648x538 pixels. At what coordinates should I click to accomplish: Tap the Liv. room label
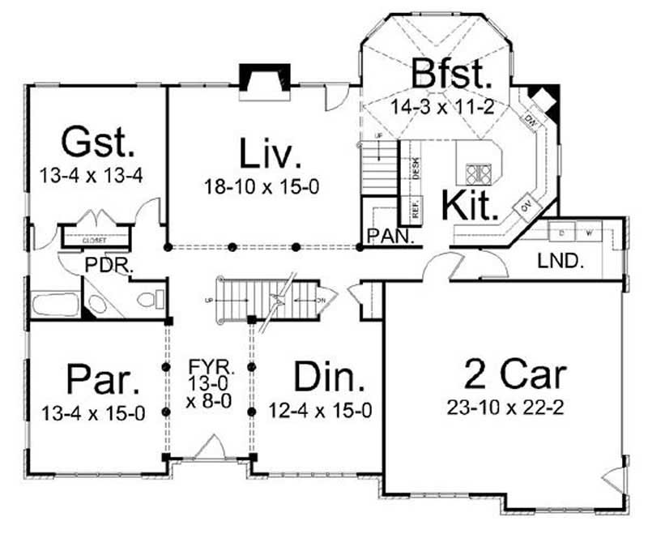pyautogui.click(x=271, y=153)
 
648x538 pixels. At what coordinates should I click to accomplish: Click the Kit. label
pyautogui.click(x=470, y=204)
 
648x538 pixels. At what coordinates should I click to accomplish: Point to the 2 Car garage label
pyautogui.click(x=515, y=374)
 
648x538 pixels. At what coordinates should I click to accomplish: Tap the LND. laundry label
pyautogui.click(x=558, y=261)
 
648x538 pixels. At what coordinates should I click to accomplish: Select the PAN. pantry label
pyautogui.click(x=390, y=237)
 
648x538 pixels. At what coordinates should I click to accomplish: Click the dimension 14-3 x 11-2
pyautogui.click(x=452, y=105)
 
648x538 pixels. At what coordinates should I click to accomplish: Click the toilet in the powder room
pyautogui.click(x=147, y=300)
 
